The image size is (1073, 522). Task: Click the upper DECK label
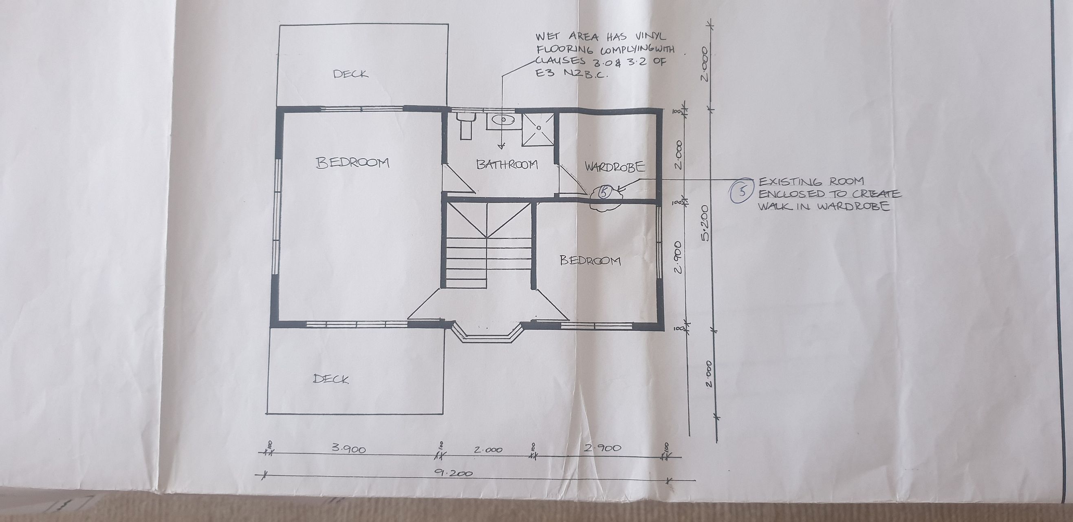coord(351,74)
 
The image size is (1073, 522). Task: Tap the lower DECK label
coord(331,379)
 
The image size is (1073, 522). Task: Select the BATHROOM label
coord(507,164)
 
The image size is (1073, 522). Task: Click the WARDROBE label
coord(615,167)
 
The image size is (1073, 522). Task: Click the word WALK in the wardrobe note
coord(773,206)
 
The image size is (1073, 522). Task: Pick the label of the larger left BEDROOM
coord(353,163)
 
